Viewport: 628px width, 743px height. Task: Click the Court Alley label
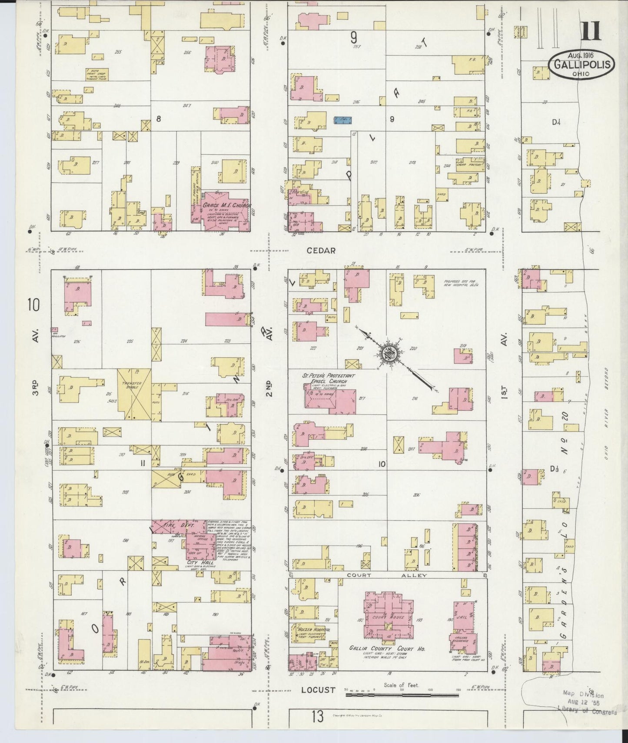coord(387,575)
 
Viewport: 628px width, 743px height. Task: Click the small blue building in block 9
coord(342,120)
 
